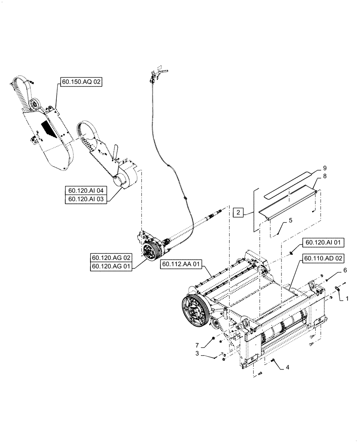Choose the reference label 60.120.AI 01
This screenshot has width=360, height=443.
[x=321, y=242]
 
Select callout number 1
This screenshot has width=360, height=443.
[x=347, y=299]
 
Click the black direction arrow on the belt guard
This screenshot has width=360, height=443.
[x=47, y=130]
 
